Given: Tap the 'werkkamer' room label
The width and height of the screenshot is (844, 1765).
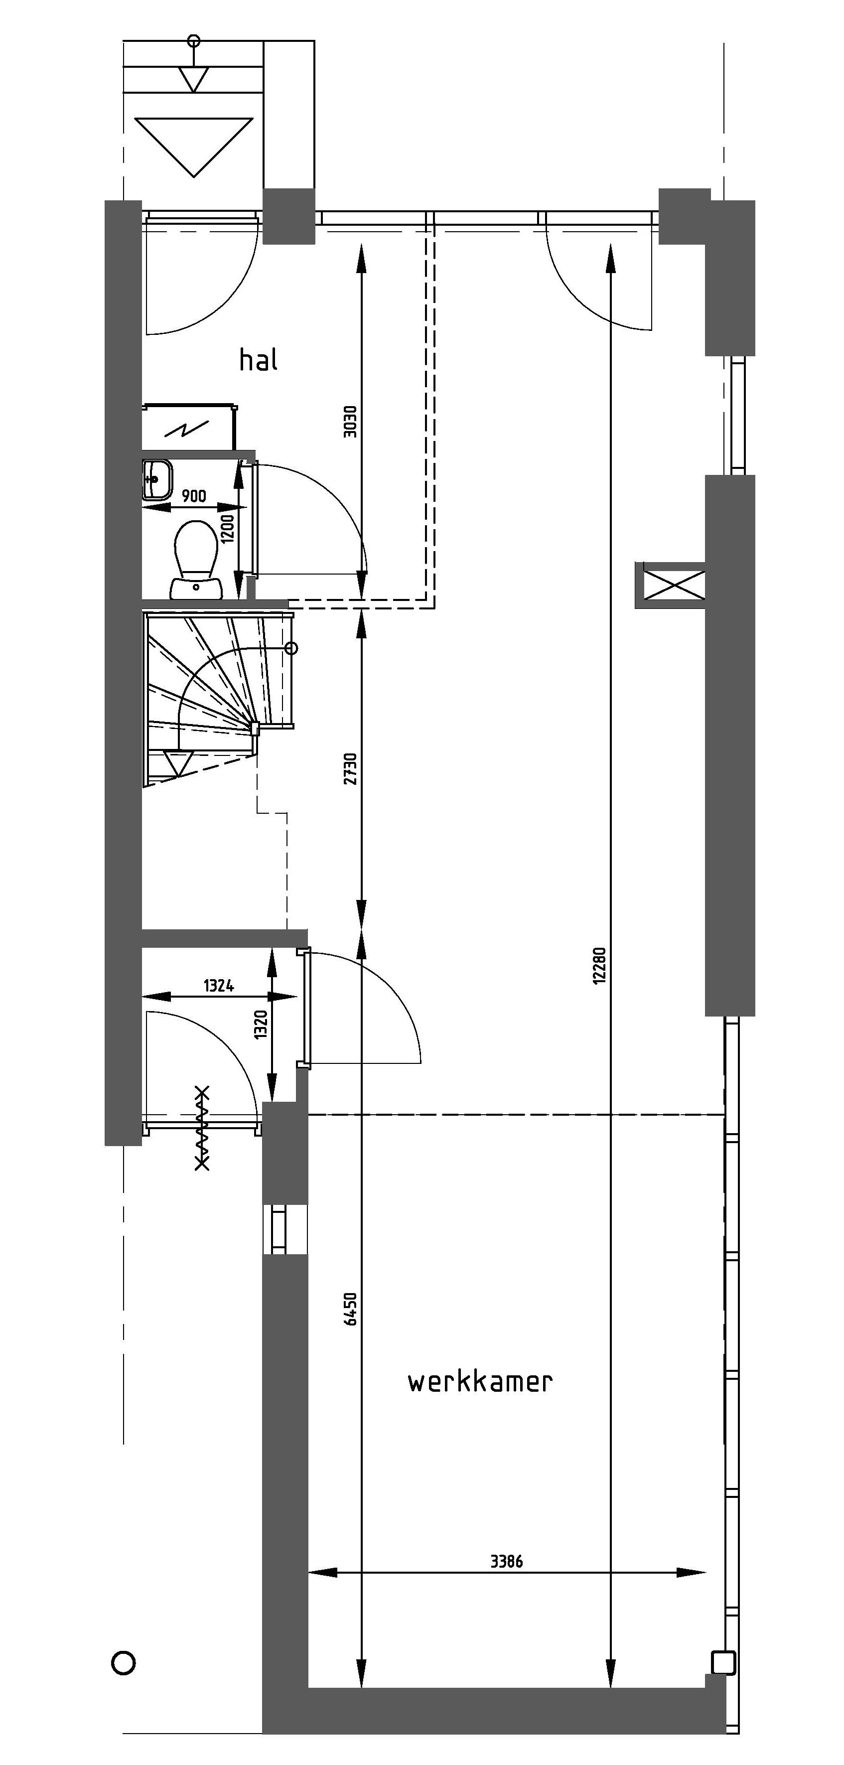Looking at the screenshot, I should point(479,1382).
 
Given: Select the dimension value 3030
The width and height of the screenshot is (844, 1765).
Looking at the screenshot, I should point(350,422).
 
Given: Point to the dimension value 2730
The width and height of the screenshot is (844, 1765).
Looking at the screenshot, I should point(350,769).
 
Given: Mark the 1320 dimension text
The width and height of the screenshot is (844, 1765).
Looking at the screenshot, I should point(261,1025).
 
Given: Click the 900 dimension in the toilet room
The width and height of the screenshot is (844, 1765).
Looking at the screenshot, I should point(194,496).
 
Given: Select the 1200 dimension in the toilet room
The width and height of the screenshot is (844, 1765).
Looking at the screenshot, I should point(228,528).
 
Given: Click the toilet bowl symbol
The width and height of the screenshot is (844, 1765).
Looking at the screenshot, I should point(196,559).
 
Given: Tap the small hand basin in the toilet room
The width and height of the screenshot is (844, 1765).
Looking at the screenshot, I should point(157,479).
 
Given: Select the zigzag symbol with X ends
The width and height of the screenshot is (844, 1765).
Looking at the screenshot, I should point(202,1128).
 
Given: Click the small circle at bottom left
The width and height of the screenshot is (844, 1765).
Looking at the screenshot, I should point(124,1663).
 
